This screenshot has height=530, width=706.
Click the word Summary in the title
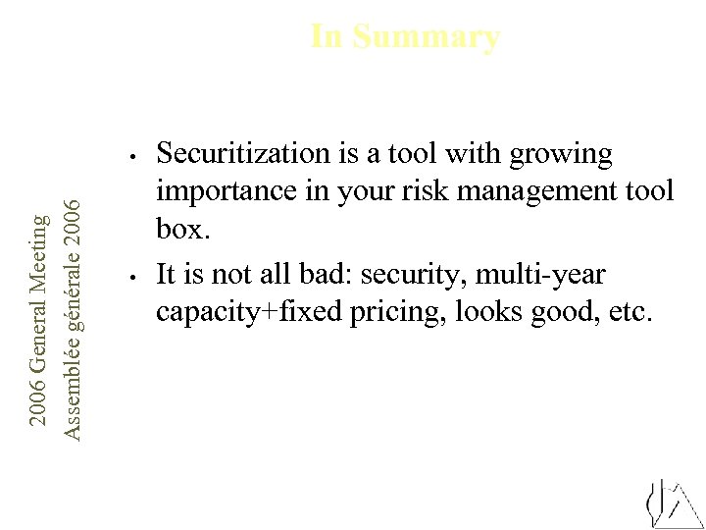pyautogui.click(x=426, y=37)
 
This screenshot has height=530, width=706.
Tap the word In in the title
pyautogui.click(x=327, y=37)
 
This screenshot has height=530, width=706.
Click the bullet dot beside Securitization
pyautogui.click(x=130, y=155)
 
